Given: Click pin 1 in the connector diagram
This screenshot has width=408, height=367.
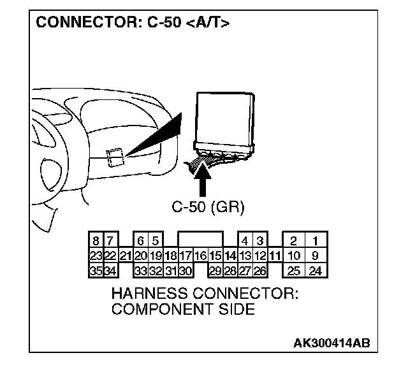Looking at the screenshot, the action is tap(316, 241).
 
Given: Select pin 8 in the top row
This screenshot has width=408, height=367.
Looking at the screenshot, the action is tap(96, 241).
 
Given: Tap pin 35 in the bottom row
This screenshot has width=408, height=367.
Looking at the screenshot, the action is tap(96, 271).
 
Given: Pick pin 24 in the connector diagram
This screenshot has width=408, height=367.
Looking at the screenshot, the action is tap(316, 271).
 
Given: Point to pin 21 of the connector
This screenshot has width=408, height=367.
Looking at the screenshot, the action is tap(126, 256).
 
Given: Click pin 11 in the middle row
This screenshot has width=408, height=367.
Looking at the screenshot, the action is tap(275, 256).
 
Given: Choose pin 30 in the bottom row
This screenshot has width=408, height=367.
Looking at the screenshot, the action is tap(186, 271).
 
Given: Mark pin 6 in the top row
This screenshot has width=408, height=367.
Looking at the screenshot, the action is tap(140, 241).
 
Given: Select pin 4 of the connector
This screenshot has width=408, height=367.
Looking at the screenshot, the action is tap(245, 241).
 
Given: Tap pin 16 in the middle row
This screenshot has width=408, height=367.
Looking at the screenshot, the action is tap(200, 256).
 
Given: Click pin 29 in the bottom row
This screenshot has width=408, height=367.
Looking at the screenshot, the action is tap(215, 271).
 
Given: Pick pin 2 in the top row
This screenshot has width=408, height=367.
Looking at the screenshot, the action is tap(293, 241).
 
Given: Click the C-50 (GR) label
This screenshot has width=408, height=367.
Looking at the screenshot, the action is tap(208, 207).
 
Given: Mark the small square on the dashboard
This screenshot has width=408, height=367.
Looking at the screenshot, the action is tap(115, 157).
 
